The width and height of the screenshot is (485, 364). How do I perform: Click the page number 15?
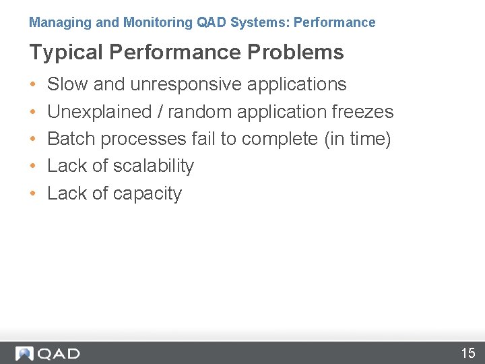(x=467, y=353)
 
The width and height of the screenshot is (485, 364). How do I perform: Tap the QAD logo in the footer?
(x=48, y=353)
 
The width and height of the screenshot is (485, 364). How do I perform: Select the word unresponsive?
(x=185, y=84)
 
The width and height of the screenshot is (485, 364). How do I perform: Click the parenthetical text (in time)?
(x=357, y=139)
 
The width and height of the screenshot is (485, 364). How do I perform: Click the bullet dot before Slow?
(x=33, y=85)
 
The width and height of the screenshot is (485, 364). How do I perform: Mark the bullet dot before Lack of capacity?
(x=33, y=194)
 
